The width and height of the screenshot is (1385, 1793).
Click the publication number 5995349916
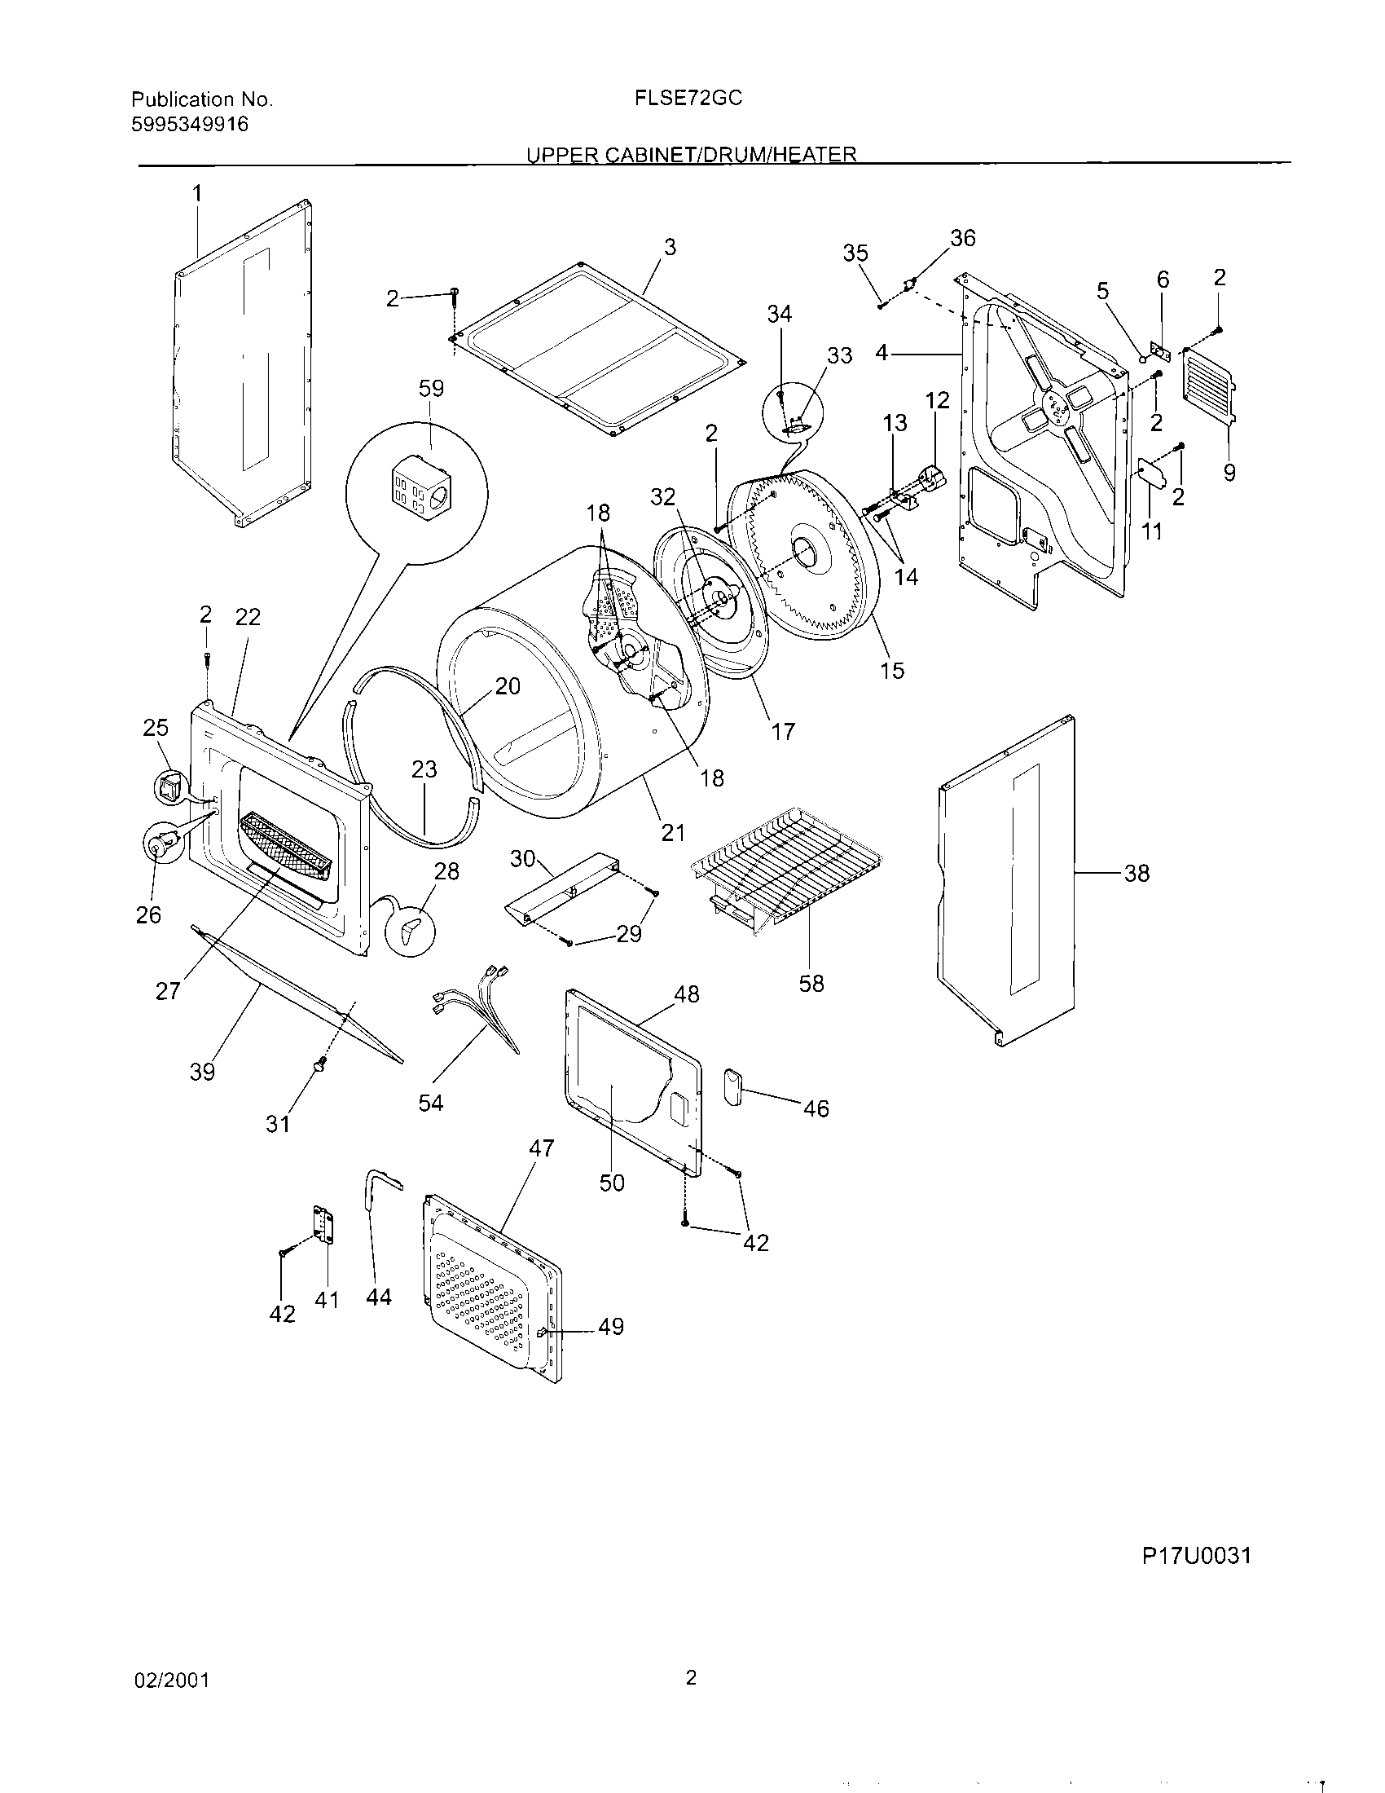click(190, 125)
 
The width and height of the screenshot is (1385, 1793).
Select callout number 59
click(432, 387)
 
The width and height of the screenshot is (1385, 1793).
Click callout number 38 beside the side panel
click(1137, 874)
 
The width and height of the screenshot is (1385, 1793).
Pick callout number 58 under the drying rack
click(811, 983)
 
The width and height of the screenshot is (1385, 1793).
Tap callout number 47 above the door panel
click(542, 1148)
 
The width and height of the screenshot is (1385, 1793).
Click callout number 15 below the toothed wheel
click(892, 670)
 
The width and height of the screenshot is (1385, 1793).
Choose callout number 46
click(816, 1108)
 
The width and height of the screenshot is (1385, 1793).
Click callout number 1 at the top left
click(197, 193)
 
